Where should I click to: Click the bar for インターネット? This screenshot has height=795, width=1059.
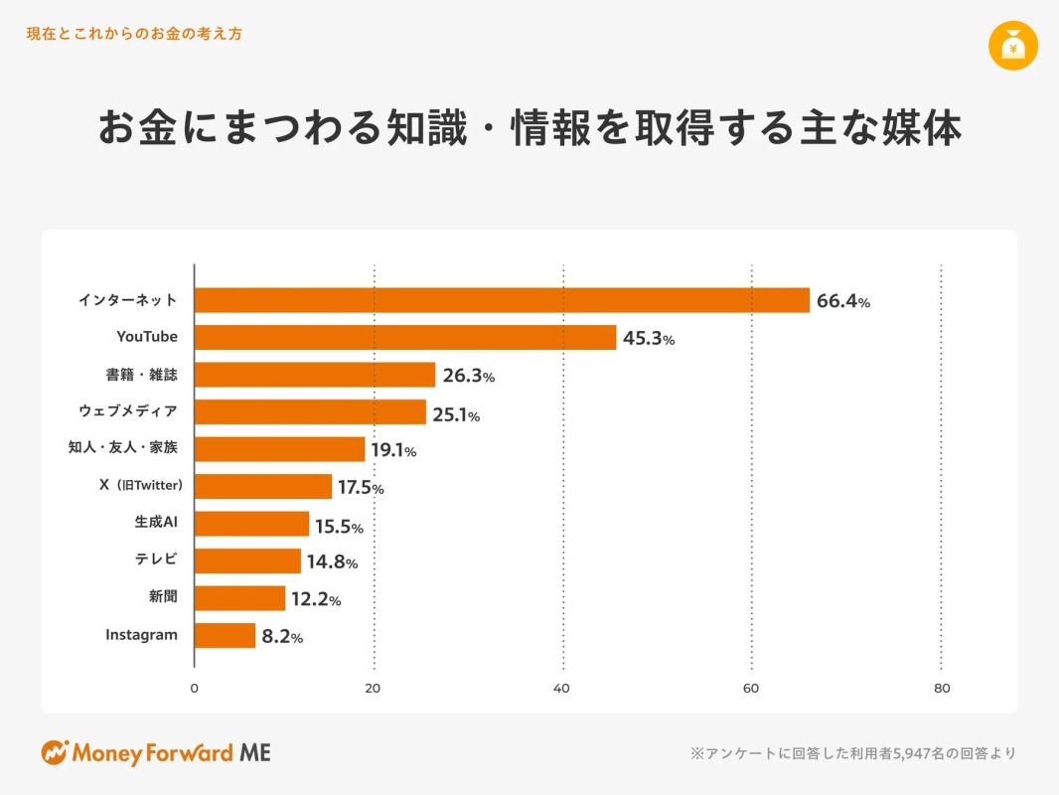click(x=502, y=300)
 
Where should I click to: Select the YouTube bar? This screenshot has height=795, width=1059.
click(x=405, y=338)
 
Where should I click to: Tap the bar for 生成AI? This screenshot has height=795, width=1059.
click(x=252, y=524)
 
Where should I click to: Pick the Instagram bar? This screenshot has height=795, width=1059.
click(x=226, y=636)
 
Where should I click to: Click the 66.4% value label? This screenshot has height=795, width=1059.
click(x=843, y=301)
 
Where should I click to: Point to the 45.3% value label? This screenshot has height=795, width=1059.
click(x=649, y=339)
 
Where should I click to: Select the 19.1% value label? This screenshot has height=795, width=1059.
click(x=393, y=451)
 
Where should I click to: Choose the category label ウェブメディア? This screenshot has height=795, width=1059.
click(x=128, y=411)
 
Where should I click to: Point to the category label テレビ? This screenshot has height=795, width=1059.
click(x=156, y=559)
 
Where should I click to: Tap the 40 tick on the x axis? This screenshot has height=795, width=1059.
click(x=563, y=688)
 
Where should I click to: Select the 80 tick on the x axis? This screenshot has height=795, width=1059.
click(x=942, y=688)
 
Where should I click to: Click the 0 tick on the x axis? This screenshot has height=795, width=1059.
click(x=194, y=688)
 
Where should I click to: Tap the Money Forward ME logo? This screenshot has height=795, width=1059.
click(x=156, y=752)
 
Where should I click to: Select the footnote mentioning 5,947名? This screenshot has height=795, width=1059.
click(x=852, y=753)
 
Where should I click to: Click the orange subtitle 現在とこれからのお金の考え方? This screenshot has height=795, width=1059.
click(x=134, y=34)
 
